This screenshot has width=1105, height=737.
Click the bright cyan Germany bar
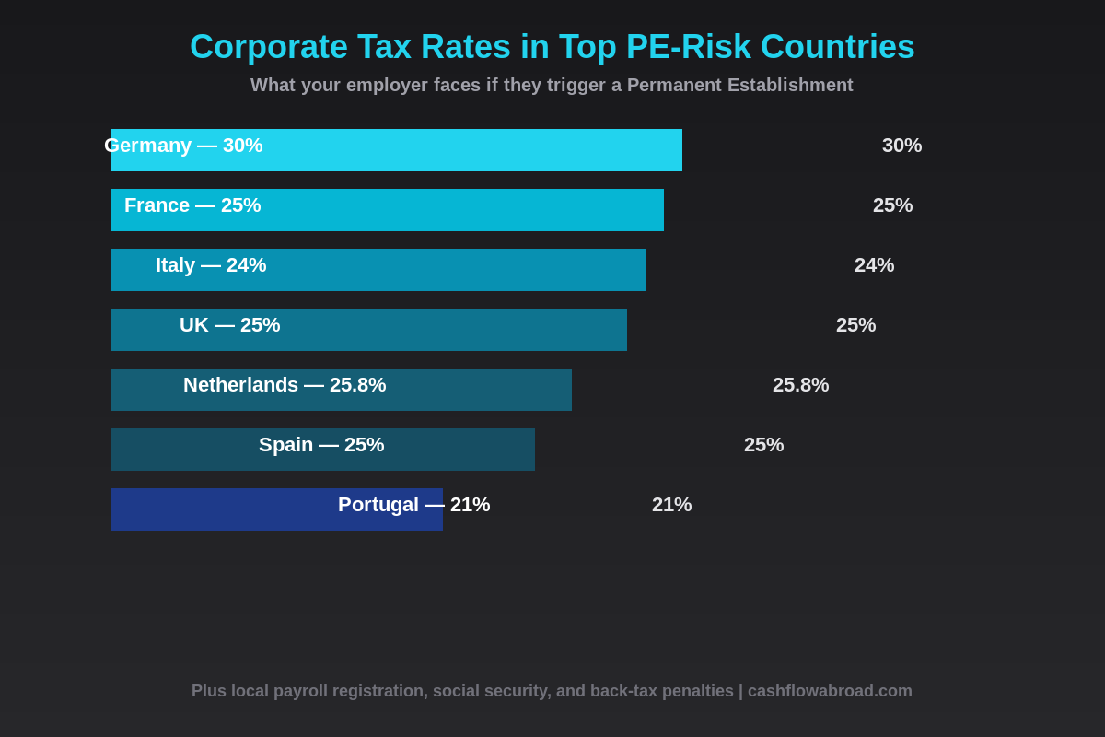point(460,150)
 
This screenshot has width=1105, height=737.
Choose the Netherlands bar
point(460,390)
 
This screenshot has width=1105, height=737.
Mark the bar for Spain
point(442,450)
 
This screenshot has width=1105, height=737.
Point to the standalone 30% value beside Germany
point(901,146)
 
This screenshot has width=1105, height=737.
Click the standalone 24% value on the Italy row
point(874,265)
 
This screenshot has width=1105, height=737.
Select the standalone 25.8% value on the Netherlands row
point(800,385)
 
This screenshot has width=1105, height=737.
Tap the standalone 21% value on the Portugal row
point(671,505)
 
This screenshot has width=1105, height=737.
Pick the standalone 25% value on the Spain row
point(763,445)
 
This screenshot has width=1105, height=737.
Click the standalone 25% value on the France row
point(892,205)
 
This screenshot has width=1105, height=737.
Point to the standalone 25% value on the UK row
point(855,325)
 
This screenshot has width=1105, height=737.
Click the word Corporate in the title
point(268,47)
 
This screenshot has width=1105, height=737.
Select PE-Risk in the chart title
point(688,47)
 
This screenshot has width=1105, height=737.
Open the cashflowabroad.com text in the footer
point(830,691)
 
